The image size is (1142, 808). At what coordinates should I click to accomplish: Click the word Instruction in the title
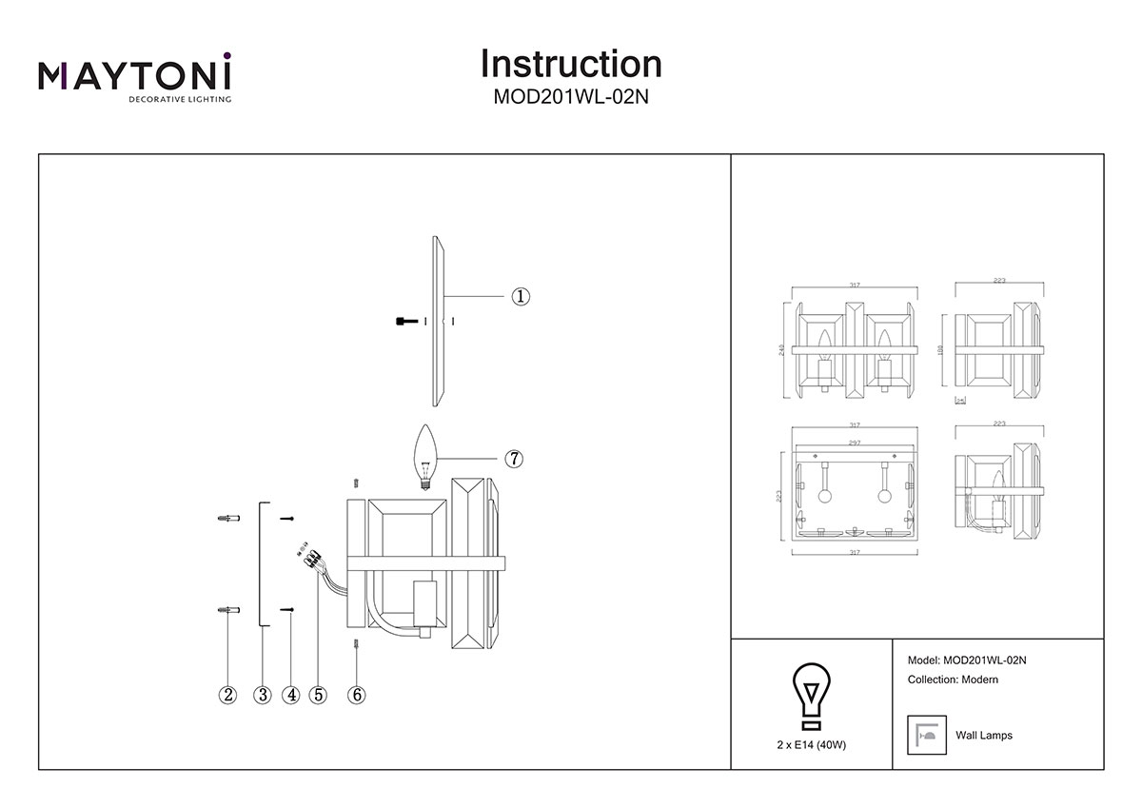(571, 64)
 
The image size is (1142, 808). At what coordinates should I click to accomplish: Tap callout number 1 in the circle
(521, 296)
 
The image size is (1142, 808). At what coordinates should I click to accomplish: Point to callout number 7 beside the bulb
(513, 459)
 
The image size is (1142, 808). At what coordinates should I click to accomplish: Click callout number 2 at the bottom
(226, 695)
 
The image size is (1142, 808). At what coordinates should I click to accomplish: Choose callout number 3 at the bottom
(263, 695)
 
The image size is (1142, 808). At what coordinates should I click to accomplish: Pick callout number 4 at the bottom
(291, 695)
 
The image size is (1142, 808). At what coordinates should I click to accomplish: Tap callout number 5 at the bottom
(318, 695)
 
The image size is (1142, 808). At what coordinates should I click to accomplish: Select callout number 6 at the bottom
(357, 695)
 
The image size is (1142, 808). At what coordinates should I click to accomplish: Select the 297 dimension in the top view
(854, 443)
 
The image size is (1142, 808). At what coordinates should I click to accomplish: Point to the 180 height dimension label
(941, 349)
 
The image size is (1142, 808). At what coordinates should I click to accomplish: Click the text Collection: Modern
(953, 680)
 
